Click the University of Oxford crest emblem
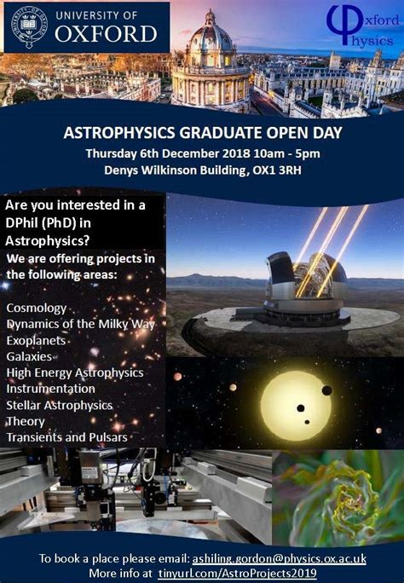click(30, 26)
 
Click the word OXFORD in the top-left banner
click(106, 34)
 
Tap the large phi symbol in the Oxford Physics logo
click(344, 23)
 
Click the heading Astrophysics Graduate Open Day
click(203, 133)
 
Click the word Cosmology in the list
click(37, 309)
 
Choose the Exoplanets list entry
click(36, 341)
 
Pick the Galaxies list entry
click(29, 356)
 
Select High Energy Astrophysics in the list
click(75, 373)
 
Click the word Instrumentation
click(50, 389)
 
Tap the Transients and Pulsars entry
click(66, 437)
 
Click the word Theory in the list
click(26, 422)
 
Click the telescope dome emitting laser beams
click(307, 283)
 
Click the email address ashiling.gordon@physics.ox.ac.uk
click(279, 558)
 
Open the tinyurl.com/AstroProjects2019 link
click(238, 573)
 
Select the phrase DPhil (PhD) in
click(48, 223)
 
